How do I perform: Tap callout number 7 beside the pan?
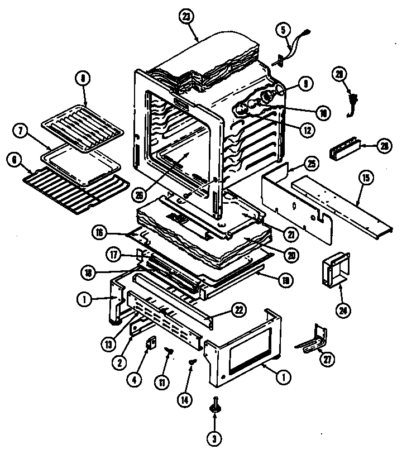pyautogui.click(x=20, y=132)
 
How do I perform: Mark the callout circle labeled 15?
pyautogui.click(x=365, y=179)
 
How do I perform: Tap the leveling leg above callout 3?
pyautogui.click(x=215, y=407)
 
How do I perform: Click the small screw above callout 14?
pyautogui.click(x=193, y=363)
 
